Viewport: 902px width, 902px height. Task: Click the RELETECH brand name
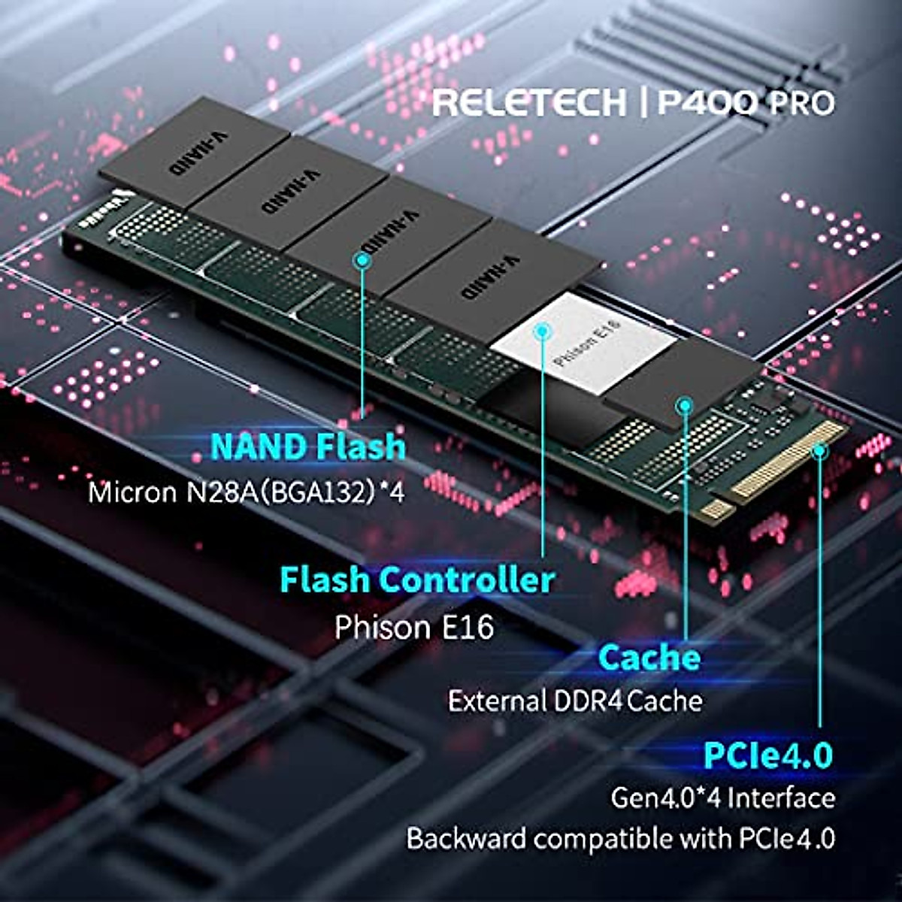528,102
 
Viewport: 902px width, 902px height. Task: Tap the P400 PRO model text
746,102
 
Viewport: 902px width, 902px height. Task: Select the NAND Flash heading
308,446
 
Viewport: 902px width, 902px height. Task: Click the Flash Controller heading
417,580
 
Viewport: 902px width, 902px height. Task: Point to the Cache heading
649,658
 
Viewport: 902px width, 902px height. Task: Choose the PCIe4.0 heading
767,755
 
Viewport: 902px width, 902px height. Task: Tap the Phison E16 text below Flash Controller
414,627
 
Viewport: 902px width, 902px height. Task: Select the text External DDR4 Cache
575,701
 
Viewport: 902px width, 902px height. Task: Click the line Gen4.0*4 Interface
722,798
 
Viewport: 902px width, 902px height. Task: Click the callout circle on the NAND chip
363,260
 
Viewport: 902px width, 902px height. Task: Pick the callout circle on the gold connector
819,451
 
